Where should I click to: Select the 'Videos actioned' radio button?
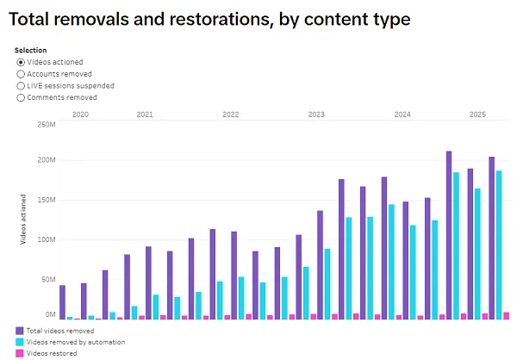point(21,62)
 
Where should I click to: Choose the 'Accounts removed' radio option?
point(21,74)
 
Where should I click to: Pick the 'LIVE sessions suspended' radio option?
point(21,86)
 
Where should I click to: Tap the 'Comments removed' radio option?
point(21,97)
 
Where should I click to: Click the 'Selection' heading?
point(31,50)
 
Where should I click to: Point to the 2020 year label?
point(80,114)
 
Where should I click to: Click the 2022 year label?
point(230,114)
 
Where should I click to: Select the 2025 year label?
point(477,114)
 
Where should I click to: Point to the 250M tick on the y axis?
point(46,124)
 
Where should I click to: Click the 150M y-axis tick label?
point(46,200)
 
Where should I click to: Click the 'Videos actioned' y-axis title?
point(25,219)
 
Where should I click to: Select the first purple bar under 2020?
point(62,302)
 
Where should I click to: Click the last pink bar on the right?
point(507,315)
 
